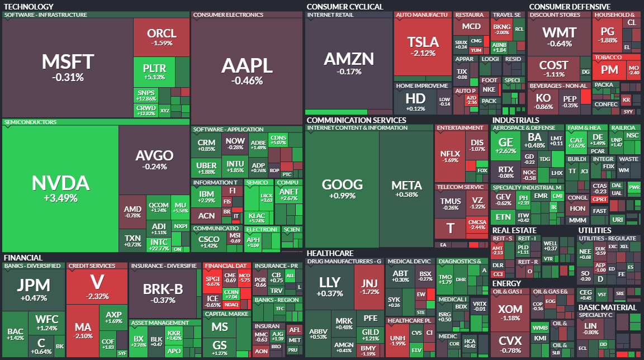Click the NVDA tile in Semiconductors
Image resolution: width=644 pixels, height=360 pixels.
click(60, 188)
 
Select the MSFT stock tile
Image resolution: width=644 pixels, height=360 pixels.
click(68, 67)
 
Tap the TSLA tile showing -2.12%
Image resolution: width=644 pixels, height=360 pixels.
click(423, 46)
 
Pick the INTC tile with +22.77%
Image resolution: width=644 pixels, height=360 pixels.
click(159, 244)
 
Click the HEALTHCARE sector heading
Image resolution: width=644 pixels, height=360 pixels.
click(330, 253)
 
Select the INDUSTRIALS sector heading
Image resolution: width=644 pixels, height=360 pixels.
click(515, 120)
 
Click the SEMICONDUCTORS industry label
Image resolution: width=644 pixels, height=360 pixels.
click(30, 122)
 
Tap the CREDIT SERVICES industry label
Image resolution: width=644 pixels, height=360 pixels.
click(92, 266)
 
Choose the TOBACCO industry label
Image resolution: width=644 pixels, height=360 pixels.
click(608, 57)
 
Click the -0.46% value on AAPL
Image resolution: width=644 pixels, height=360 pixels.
click(247, 81)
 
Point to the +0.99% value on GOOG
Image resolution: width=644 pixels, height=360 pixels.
click(342, 196)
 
